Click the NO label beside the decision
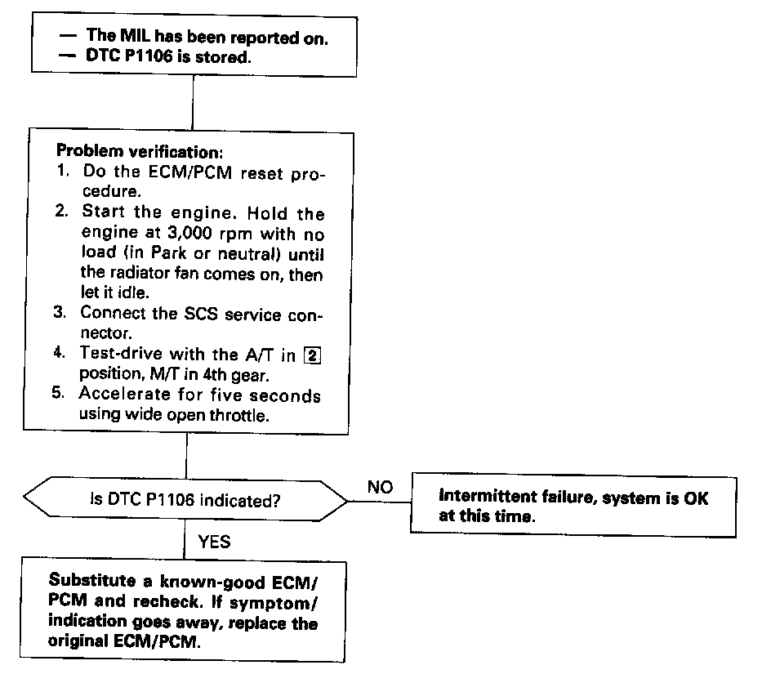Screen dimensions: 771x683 381,487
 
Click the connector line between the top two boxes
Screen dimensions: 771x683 192,101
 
